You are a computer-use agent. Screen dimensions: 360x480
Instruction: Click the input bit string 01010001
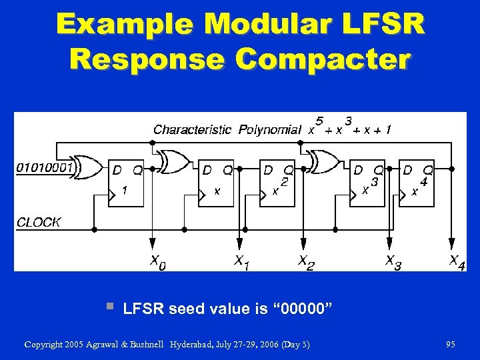[44, 167]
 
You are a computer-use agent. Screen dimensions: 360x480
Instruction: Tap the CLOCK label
[39, 222]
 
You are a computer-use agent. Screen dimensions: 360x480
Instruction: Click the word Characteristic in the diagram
[193, 129]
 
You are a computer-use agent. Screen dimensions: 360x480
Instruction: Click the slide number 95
[451, 345]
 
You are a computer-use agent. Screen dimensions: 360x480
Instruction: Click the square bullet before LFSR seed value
[109, 307]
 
